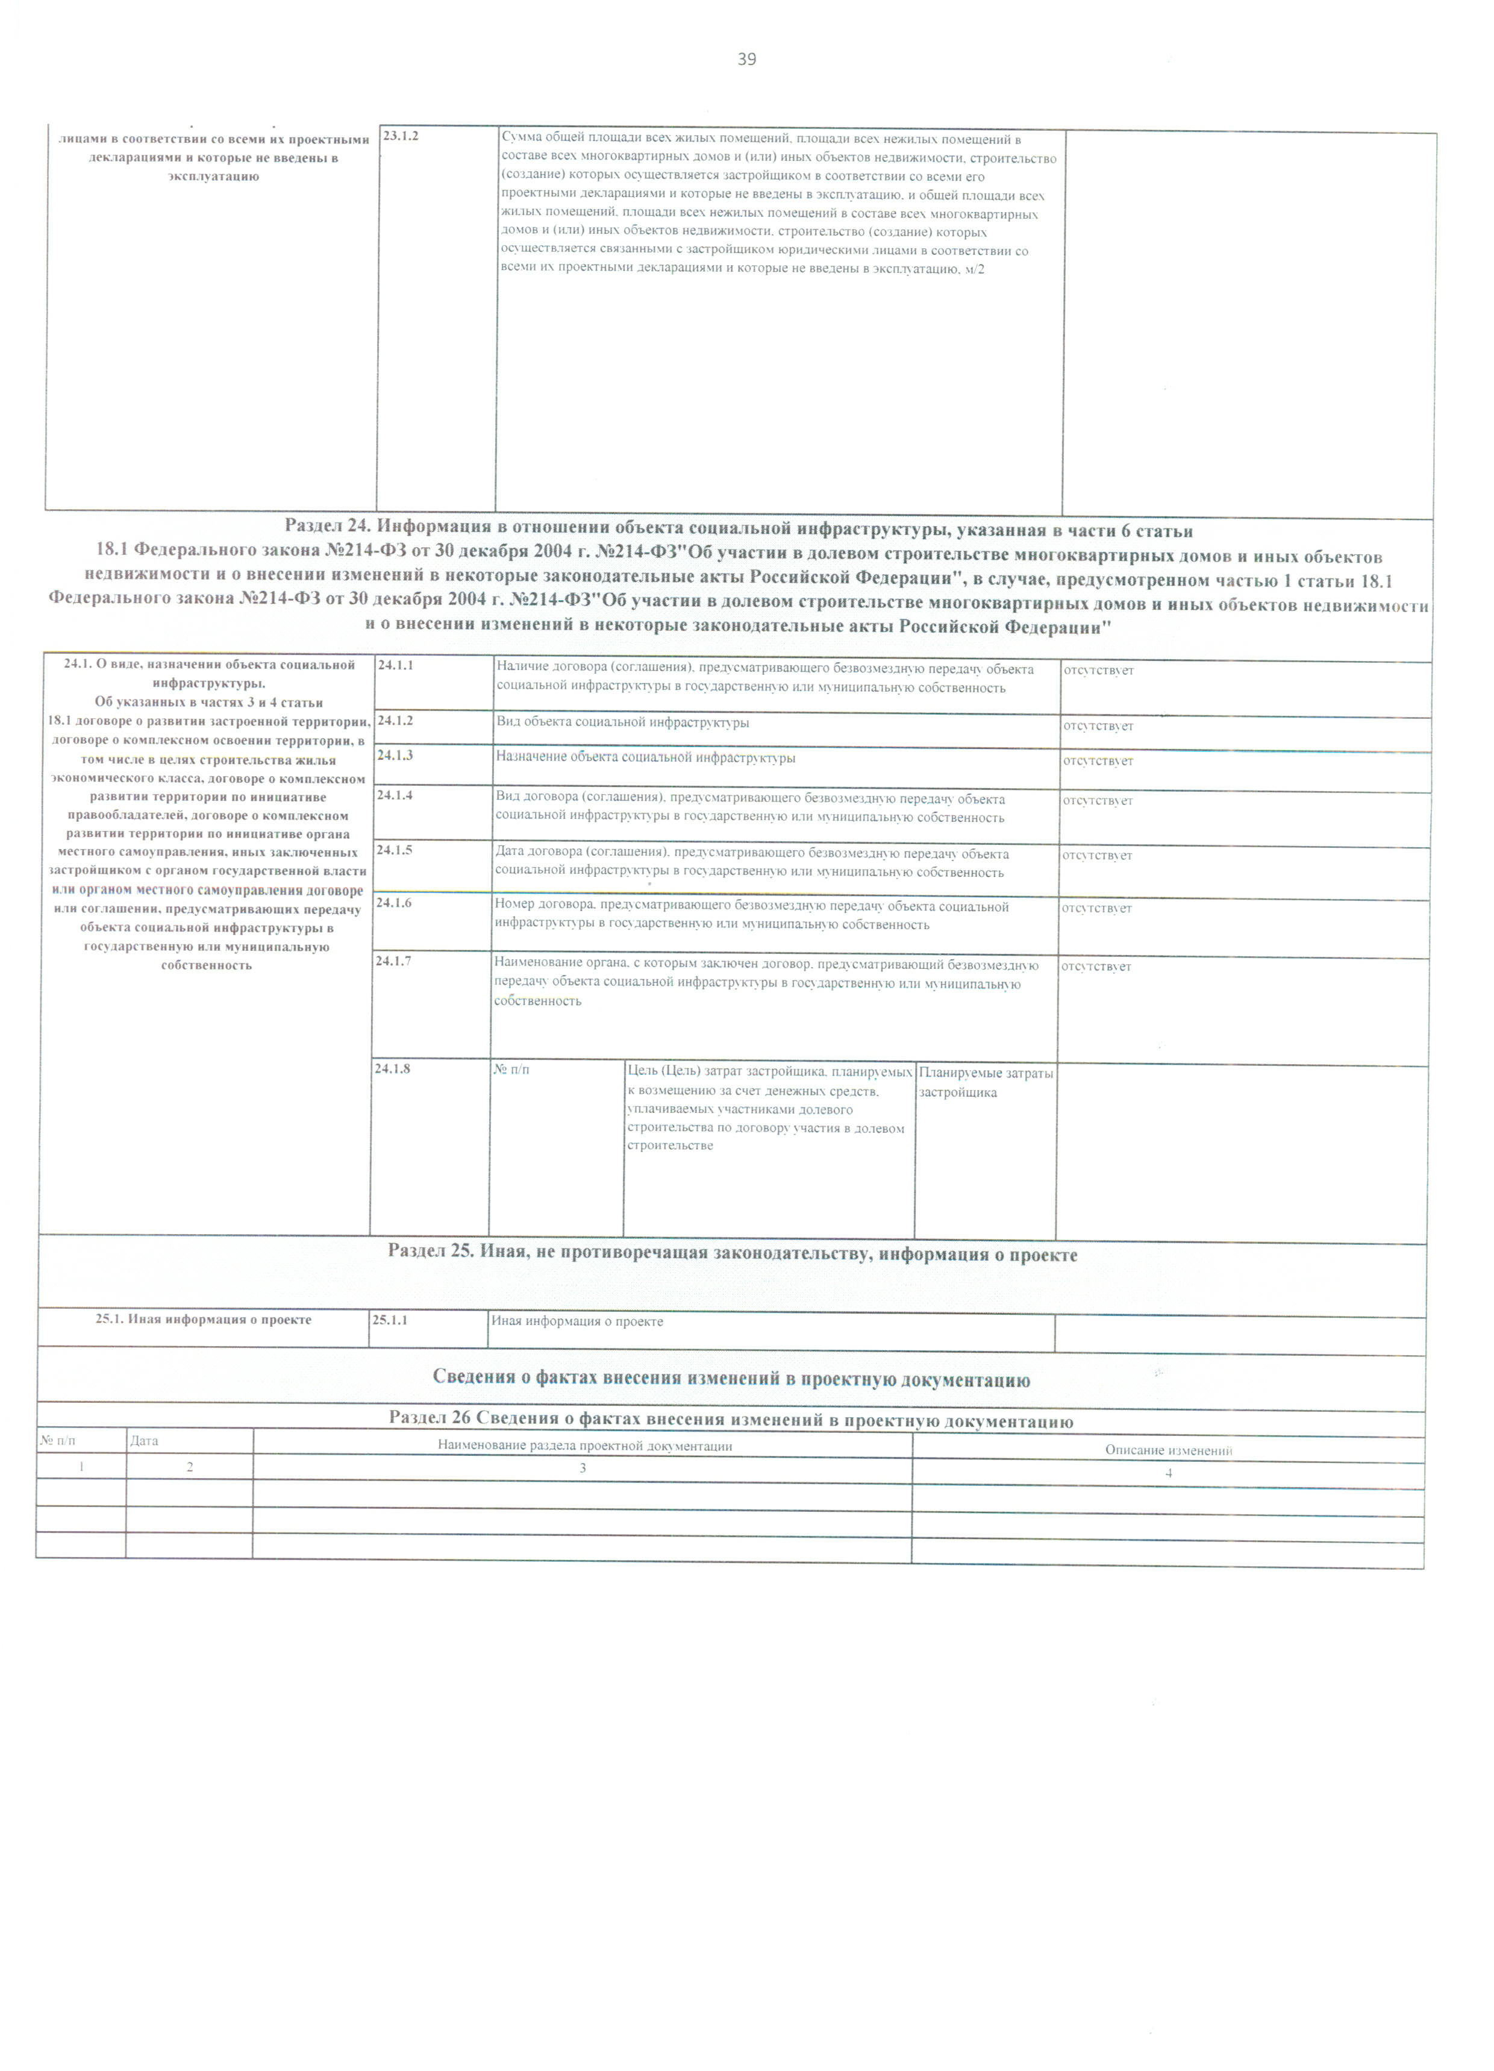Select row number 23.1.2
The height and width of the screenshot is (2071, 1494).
[x=401, y=136]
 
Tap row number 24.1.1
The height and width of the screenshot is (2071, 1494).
[x=395, y=666]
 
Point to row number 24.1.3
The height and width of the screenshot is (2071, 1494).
[x=395, y=755]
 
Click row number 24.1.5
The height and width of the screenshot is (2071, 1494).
[x=395, y=850]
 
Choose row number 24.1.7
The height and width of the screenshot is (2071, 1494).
[x=393, y=960]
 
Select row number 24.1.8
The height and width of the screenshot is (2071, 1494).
[x=393, y=1068]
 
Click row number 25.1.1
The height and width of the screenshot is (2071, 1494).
[x=390, y=1320]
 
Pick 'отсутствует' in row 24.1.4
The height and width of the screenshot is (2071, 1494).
[x=1098, y=801]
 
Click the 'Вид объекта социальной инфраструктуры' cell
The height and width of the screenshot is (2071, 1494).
[x=623, y=723]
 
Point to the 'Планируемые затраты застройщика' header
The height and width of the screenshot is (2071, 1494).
[x=986, y=1083]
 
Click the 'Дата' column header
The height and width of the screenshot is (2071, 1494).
[x=145, y=1441]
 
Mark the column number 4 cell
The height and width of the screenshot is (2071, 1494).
[x=1168, y=1473]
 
